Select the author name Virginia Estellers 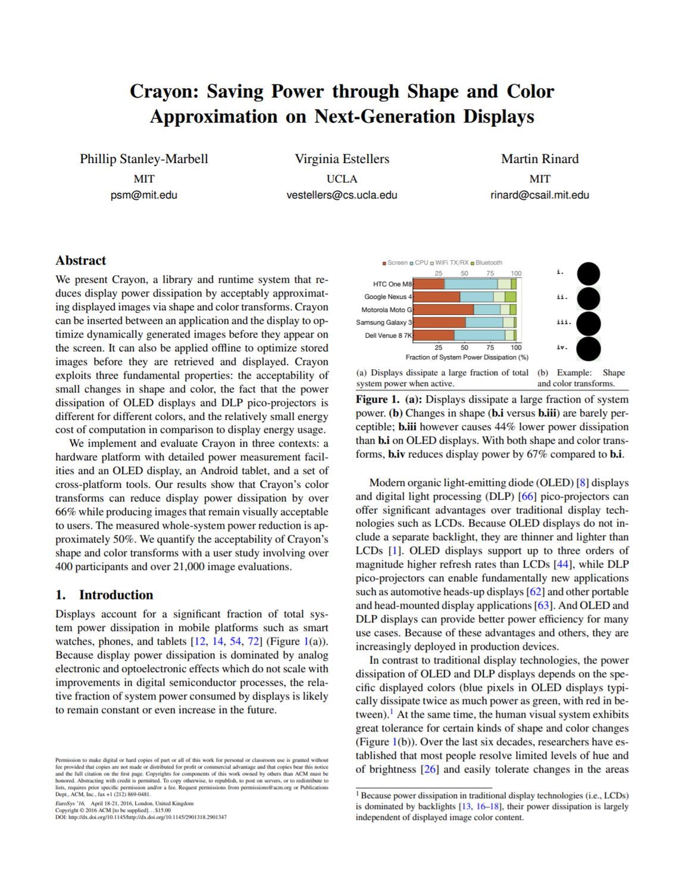342,159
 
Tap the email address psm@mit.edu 143,195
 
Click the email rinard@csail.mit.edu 539,195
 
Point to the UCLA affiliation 342,179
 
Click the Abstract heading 80,261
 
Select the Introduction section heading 115,595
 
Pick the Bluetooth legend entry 488,263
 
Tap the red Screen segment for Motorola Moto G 443,310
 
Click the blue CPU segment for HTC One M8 470,284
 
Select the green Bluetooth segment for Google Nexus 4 511,296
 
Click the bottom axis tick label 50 464,347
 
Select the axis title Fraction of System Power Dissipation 467,357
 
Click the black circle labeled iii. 588,323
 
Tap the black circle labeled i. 588,273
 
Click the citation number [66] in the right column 527,496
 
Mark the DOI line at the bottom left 141,817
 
